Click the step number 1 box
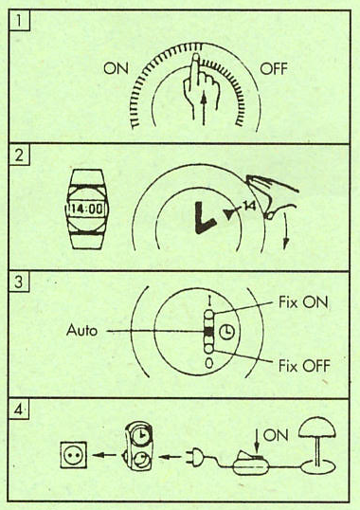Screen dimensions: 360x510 (20, 20)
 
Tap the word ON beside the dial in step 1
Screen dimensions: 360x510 (116, 68)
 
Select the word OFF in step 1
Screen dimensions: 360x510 (274, 69)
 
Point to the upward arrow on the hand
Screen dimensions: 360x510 (204, 107)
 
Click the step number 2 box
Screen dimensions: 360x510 (19, 155)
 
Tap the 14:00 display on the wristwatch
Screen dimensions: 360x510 (86, 209)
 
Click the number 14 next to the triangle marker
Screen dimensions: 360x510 (249, 206)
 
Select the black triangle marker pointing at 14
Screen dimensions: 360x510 (230, 214)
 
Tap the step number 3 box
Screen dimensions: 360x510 (19, 282)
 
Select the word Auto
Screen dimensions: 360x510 (81, 331)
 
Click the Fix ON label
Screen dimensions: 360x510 (303, 302)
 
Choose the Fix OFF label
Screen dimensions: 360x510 (304, 366)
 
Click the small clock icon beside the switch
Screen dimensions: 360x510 (226, 332)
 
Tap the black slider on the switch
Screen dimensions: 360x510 (208, 332)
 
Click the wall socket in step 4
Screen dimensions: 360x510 (74, 454)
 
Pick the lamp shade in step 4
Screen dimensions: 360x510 (317, 428)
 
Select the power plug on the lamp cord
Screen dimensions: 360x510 (193, 457)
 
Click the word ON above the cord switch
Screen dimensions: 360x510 (276, 436)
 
